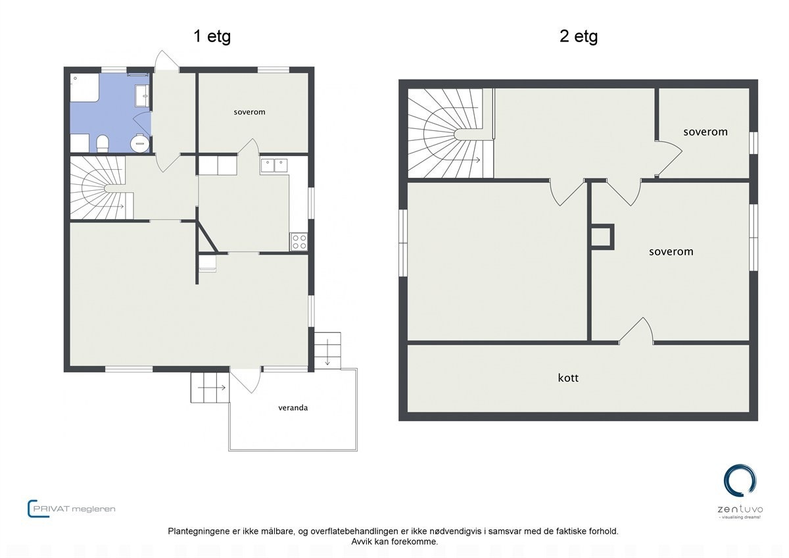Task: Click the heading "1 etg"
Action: point(212,36)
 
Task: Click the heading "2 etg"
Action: point(578,36)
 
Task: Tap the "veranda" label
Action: point(292,407)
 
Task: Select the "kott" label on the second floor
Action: point(568,378)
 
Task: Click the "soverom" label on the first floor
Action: point(249,112)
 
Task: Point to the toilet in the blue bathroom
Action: point(103,143)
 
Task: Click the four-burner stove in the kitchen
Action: point(299,241)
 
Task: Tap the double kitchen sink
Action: point(274,165)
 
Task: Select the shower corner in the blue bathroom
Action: point(85,88)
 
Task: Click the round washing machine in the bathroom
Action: point(139,143)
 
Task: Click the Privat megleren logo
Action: point(72,508)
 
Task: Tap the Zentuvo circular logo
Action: point(740,481)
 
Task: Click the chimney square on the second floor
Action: point(601,237)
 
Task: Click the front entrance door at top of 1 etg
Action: point(166,61)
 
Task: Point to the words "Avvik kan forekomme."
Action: point(394,542)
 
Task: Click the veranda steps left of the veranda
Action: point(210,388)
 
